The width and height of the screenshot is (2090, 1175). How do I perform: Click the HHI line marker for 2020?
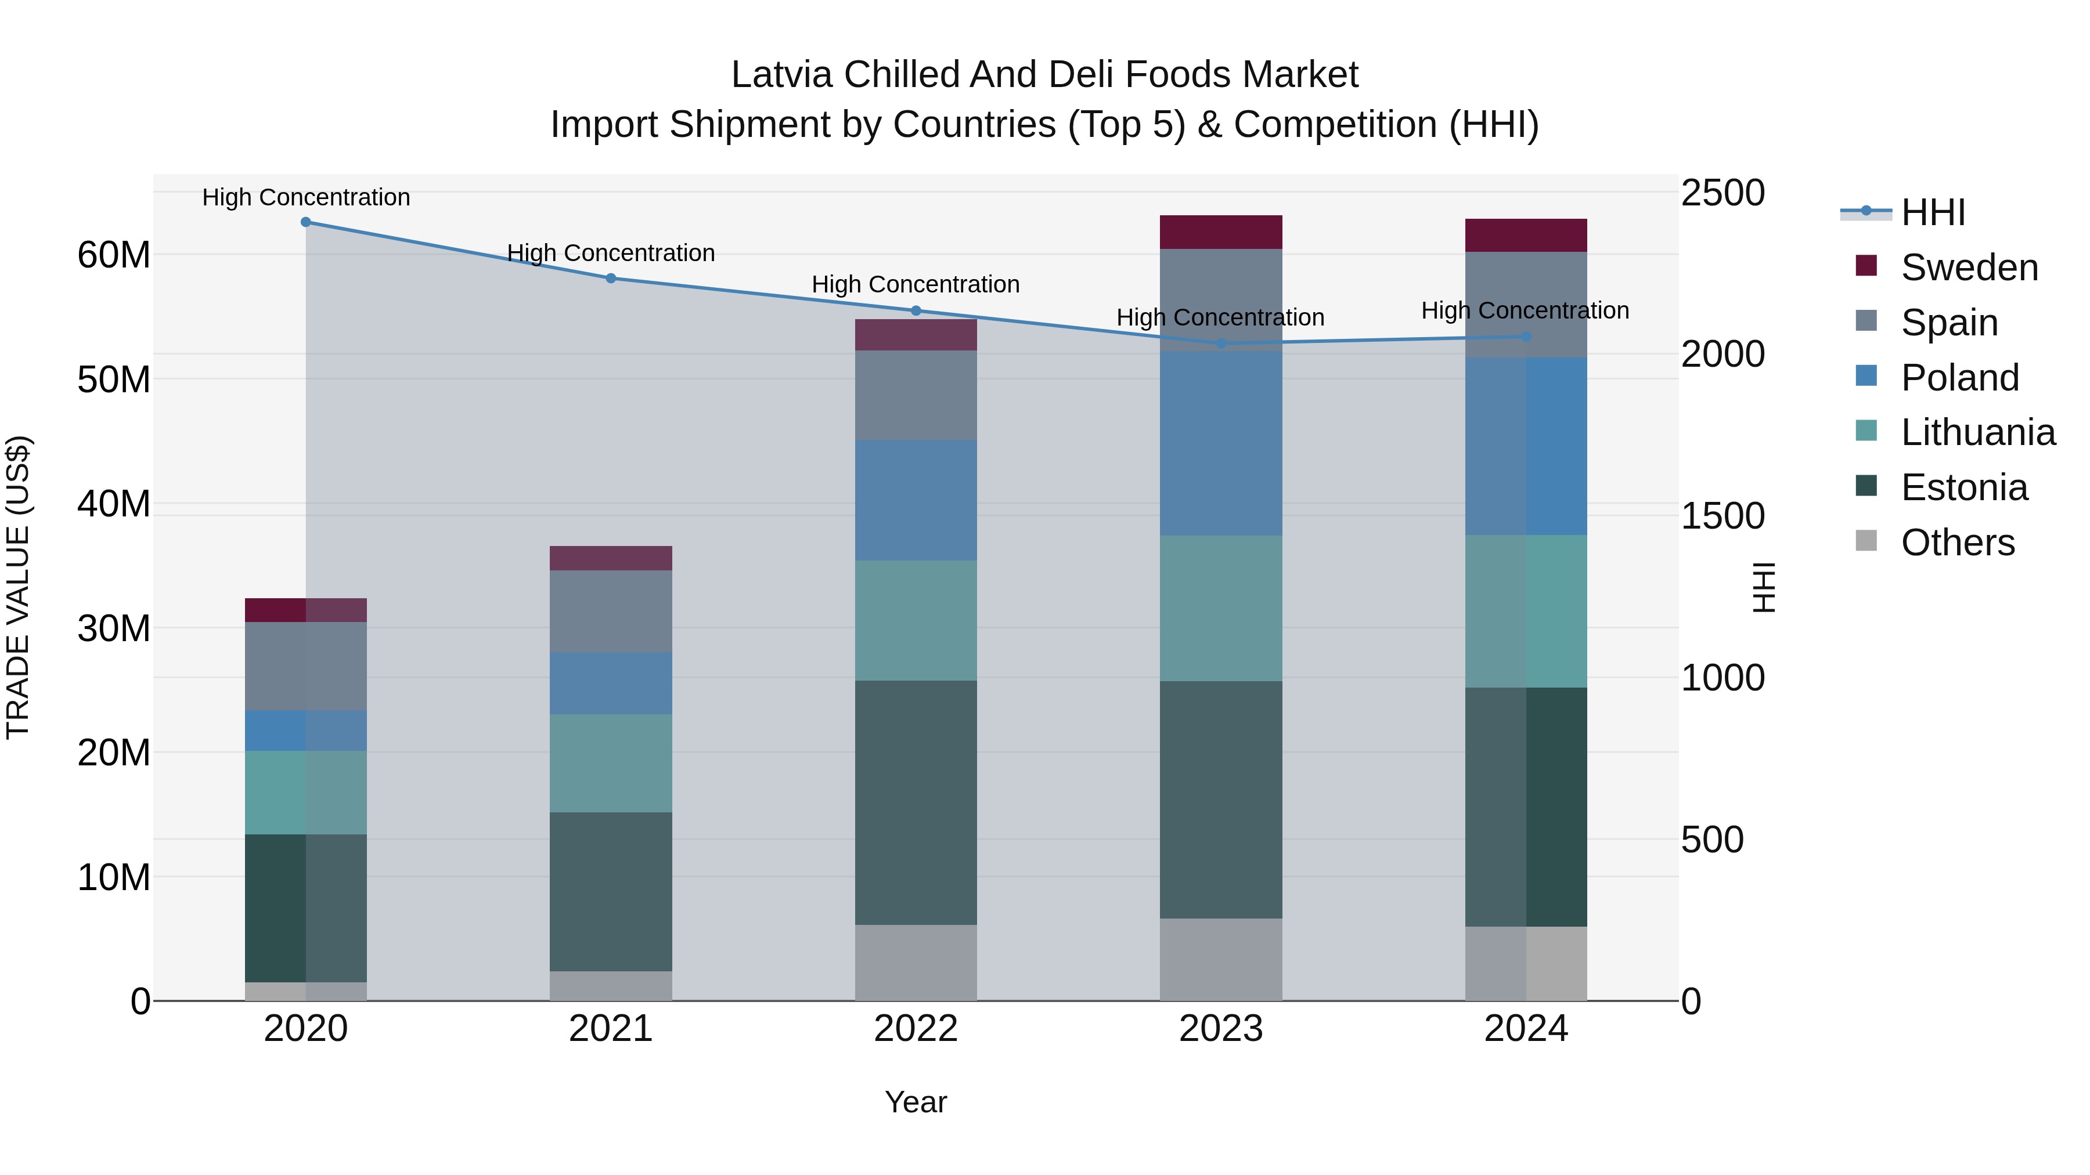[306, 222]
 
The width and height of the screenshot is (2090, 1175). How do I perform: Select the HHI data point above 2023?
[1221, 344]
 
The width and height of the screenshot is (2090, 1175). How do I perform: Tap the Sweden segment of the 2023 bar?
[1221, 232]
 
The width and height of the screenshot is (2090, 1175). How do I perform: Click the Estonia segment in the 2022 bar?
[916, 803]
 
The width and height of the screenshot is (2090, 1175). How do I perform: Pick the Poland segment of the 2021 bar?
[611, 683]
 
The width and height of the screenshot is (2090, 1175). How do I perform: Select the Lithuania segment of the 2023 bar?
[1221, 608]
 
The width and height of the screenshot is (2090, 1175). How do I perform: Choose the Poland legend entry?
[1959, 378]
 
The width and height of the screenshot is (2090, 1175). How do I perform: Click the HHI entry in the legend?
[1933, 212]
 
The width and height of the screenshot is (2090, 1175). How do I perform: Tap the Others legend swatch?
[1866, 541]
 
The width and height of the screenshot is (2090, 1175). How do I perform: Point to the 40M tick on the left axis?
[114, 504]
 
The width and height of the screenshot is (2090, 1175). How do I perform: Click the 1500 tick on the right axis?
[1723, 516]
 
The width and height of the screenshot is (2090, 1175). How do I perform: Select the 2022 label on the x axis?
[916, 1029]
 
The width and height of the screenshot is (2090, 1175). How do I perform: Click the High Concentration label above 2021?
[611, 253]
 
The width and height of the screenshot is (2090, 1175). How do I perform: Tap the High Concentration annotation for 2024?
[1525, 310]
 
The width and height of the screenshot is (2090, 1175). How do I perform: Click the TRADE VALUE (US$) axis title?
[18, 587]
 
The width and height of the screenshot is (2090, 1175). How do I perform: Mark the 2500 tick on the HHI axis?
[1723, 193]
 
